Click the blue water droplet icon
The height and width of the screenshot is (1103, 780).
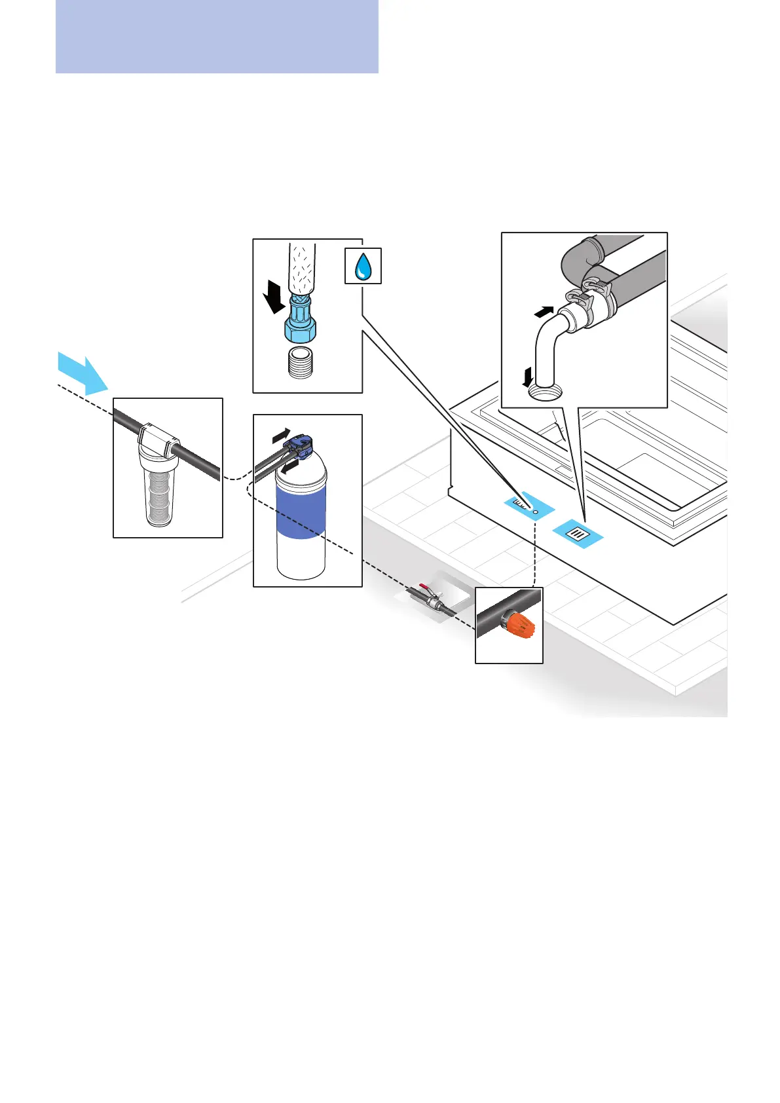click(x=363, y=267)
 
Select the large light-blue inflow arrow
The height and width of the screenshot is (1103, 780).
click(x=81, y=372)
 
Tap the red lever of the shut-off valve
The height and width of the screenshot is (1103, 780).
click(x=424, y=588)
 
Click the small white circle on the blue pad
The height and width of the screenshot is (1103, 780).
click(x=536, y=511)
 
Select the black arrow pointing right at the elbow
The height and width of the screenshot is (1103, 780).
click(x=545, y=312)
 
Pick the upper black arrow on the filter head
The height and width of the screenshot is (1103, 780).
click(x=281, y=434)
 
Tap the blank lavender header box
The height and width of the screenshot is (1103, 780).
click(x=217, y=36)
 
